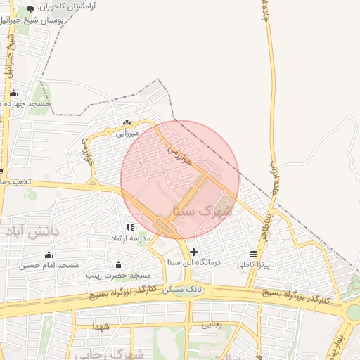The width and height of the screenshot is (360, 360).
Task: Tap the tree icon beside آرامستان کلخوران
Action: [30, 9]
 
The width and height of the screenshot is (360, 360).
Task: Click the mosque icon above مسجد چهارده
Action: [13, 93]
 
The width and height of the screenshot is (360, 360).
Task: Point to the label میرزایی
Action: [127, 132]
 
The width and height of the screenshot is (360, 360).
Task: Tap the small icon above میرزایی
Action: [127, 123]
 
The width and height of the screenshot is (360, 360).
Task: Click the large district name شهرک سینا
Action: [201, 210]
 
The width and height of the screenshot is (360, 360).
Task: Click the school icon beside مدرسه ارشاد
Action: [130, 227]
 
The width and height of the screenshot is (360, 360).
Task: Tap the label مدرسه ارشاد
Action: [127, 238]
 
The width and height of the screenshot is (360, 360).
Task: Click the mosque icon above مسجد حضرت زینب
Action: [118, 265]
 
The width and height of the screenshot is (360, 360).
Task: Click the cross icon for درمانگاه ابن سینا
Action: [194, 252]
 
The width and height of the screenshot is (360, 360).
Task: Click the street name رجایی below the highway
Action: [212, 325]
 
